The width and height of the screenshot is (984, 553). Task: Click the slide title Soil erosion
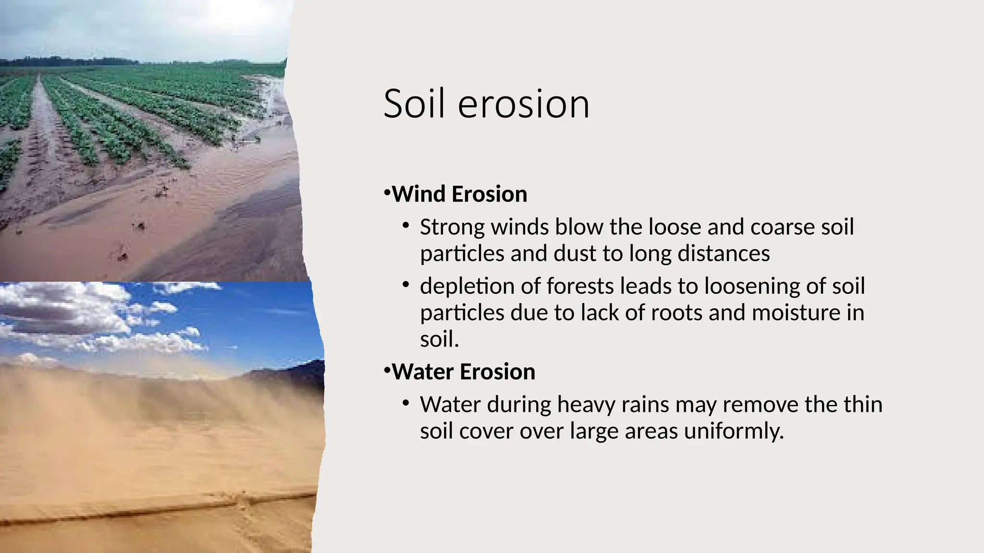486,104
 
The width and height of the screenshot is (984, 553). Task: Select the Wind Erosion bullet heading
459,194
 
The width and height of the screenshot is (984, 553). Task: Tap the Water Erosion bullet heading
463,372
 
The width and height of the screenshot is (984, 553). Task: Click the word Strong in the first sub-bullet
452,228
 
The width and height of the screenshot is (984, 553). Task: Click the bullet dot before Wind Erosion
387,193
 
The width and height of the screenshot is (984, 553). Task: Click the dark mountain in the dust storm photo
298,372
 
